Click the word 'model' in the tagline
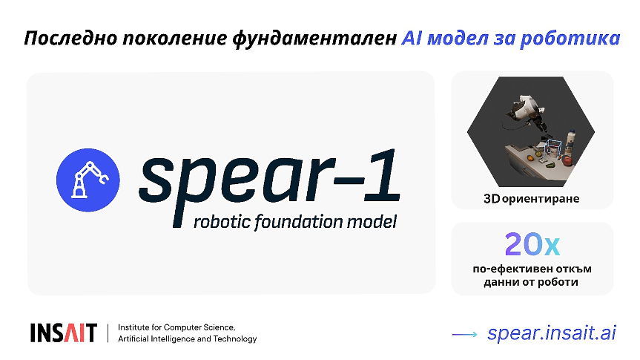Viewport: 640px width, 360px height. pos(372,221)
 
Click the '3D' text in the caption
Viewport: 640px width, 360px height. pos(492,199)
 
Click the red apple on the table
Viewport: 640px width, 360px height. pos(569,159)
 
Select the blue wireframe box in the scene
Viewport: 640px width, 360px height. pos(549,150)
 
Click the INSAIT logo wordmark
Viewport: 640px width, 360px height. pos(64,333)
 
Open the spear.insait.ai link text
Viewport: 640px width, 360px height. pos(552,333)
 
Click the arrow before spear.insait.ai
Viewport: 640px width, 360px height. pos(465,334)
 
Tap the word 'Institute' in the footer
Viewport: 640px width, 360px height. pos(136,327)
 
